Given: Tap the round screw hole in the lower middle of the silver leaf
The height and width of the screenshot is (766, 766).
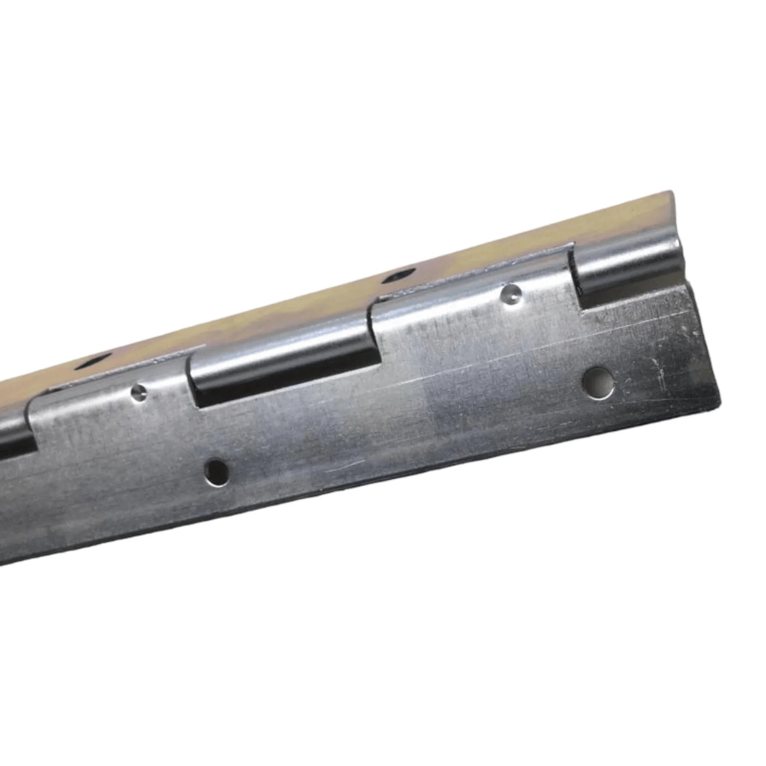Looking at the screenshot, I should click(216, 471).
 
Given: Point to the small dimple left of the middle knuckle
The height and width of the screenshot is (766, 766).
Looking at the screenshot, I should click(139, 393).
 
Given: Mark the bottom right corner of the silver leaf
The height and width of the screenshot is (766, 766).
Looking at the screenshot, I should click(718, 405).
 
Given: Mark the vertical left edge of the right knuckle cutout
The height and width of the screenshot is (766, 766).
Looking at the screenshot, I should click(575, 278).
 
